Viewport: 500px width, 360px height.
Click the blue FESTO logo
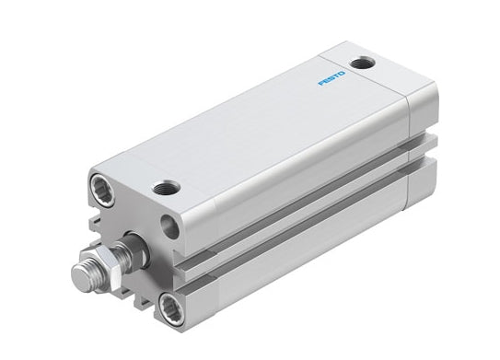331,78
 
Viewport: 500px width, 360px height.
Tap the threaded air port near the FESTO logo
362,63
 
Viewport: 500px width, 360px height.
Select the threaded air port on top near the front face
166,188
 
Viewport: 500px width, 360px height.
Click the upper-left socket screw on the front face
102,192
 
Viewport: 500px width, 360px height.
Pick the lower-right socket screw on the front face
171,308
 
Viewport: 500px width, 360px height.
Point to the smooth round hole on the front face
169,226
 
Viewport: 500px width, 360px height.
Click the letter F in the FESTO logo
321,83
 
